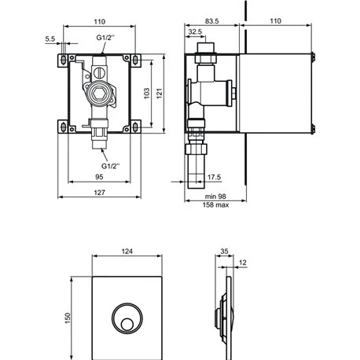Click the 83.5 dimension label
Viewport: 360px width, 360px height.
[x=211, y=21]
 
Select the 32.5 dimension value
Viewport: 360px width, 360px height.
[x=195, y=31]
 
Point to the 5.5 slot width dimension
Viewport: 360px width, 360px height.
[x=50, y=39]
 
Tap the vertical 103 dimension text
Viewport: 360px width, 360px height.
[x=147, y=94]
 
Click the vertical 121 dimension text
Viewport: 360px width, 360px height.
[x=160, y=94]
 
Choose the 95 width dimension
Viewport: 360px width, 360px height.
[x=99, y=177]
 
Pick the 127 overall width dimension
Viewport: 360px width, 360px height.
[x=99, y=193]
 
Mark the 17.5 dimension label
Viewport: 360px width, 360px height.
[x=214, y=178]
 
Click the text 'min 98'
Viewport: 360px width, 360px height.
[x=215, y=197]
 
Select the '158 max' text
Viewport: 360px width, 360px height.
[x=215, y=205]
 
